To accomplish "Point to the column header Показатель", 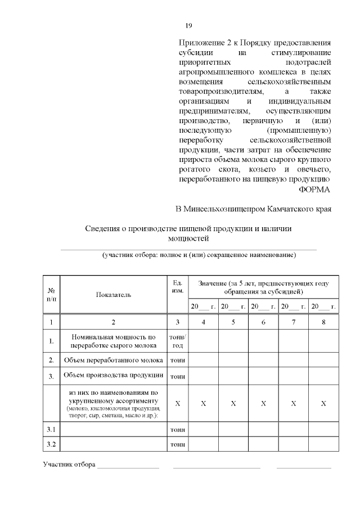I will (x=113, y=294).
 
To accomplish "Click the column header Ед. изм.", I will (x=177, y=286).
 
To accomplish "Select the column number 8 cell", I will (x=323, y=322).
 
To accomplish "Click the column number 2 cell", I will (x=113, y=322).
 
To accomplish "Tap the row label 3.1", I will (x=51, y=429).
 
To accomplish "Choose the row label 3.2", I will (x=51, y=444).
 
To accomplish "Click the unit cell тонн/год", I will (x=177, y=341).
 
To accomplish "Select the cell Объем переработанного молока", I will (x=113, y=360).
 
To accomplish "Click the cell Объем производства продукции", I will (x=113, y=375).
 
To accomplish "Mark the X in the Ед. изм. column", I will (x=177, y=404).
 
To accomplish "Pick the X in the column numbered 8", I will (x=323, y=404).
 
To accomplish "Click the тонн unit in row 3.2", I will (x=177, y=444).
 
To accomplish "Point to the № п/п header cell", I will (x=51, y=294).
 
